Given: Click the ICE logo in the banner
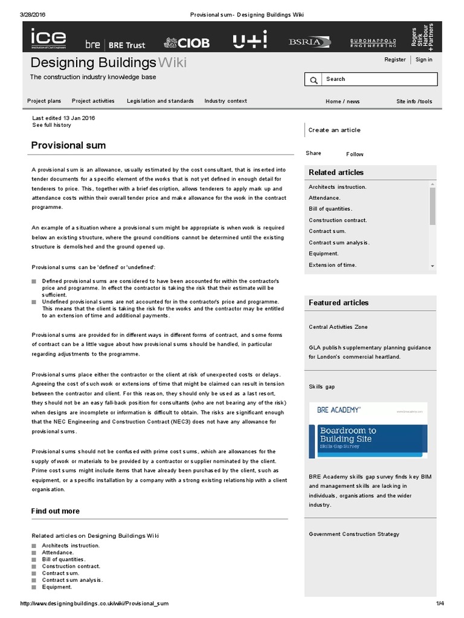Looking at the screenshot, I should (49, 39).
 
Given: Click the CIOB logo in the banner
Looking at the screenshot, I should (187, 43).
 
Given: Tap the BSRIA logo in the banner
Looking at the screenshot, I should (309, 42).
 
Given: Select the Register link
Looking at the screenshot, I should (395, 60).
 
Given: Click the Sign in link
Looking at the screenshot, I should (424, 60).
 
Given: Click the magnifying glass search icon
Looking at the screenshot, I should (314, 80).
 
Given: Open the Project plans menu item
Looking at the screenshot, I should (44, 101).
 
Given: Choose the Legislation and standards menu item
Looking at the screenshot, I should (160, 101).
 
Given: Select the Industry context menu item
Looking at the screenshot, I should (225, 101).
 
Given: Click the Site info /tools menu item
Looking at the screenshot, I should (414, 101).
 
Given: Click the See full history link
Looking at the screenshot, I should (51, 125).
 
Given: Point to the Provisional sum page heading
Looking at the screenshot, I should (68, 145).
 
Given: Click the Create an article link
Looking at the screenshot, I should (334, 130).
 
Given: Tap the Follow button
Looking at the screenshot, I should (355, 154).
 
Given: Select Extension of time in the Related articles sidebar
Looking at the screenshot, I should (332, 265).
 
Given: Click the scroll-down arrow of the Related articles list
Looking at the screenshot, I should (433, 266).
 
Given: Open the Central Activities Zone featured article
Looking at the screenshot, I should (338, 327).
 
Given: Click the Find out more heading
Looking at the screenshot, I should (56, 511).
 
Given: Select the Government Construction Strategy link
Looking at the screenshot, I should (353, 534).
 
